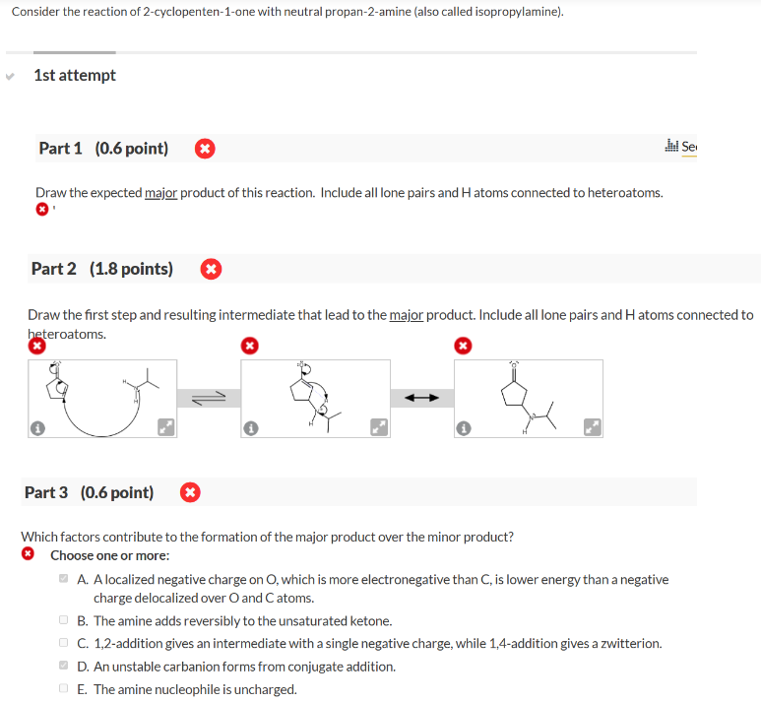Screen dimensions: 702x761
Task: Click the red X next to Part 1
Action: (x=204, y=150)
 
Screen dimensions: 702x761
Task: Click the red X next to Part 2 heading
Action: (x=210, y=269)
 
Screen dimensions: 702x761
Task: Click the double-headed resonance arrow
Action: (x=421, y=398)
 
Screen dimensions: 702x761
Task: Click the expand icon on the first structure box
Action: (x=167, y=428)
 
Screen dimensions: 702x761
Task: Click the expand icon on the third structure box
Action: (x=593, y=428)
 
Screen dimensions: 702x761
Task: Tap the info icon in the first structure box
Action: (x=35, y=428)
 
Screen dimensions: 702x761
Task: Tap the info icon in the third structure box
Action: (x=463, y=428)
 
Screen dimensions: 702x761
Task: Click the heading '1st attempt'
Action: (x=74, y=76)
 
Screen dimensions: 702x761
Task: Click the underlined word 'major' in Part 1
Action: (x=162, y=192)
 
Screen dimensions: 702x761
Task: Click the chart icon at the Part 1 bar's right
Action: (x=673, y=148)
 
